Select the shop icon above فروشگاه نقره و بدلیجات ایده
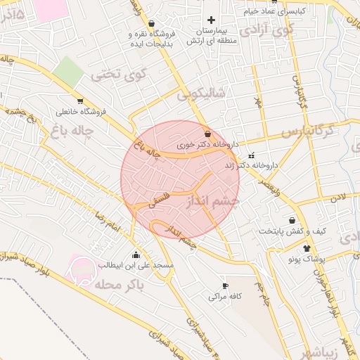coord(152,22)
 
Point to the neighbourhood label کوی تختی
coord(113,72)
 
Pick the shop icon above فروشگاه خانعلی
coord(80,101)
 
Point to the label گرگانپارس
coord(306,131)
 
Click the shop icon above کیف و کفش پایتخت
coord(292,220)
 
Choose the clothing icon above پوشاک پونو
coord(306,248)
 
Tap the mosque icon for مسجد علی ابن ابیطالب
coord(136,254)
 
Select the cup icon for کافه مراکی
coord(225,285)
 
